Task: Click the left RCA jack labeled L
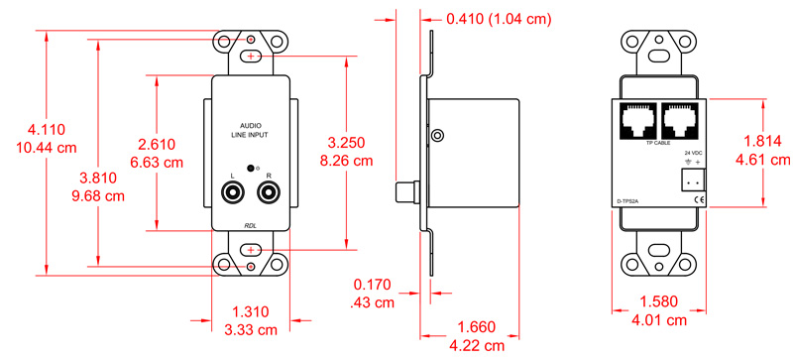click(x=233, y=193)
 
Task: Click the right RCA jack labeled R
click(x=269, y=193)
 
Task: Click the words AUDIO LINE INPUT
click(x=250, y=130)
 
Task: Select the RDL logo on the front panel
click(x=251, y=226)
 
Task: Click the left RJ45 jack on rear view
click(x=635, y=121)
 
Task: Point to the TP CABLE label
click(x=658, y=143)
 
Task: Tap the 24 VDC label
click(x=693, y=153)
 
